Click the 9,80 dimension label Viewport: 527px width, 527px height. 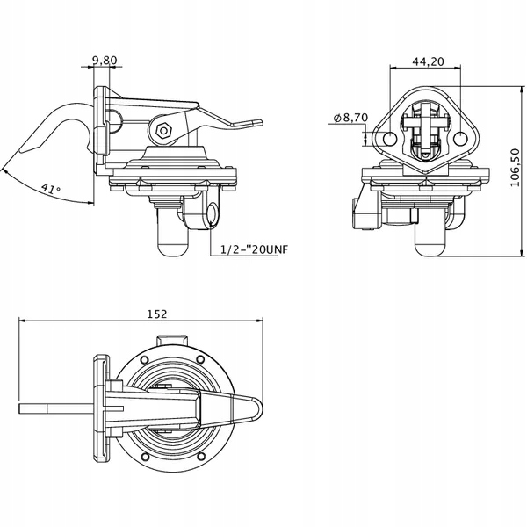pos(105,61)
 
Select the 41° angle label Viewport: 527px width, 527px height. pos(52,189)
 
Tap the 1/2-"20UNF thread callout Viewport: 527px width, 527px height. pos(254,249)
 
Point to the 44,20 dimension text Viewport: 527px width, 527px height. pos(429,61)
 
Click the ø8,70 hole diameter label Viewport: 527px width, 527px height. pos(350,118)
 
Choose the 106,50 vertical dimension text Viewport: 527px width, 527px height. pos(514,168)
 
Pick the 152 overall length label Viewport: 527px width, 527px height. pos(157,314)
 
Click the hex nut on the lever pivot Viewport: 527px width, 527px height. pos(164,130)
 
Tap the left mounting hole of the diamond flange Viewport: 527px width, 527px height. pos(390,139)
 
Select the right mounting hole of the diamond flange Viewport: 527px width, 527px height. pos(460,139)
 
